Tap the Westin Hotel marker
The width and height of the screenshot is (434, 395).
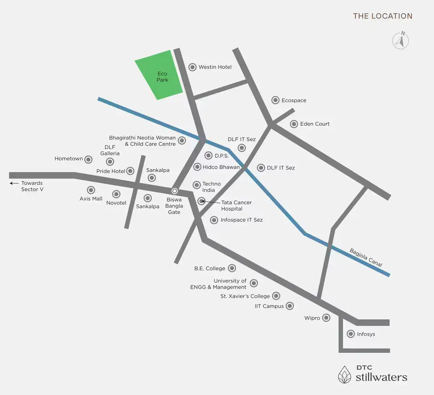(192, 67)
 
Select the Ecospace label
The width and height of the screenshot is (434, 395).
(294, 100)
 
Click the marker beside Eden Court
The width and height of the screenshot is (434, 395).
(294, 124)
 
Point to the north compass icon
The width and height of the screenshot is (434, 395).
(401, 40)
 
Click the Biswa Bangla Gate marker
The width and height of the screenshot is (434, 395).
(174, 191)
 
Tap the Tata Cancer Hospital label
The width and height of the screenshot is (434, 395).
(236, 205)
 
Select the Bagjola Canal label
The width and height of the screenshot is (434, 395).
(366, 257)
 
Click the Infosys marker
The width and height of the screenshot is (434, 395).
(351, 334)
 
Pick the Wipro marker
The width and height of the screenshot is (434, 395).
(326, 318)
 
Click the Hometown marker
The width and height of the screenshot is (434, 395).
(90, 159)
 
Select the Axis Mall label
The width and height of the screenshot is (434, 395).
(91, 199)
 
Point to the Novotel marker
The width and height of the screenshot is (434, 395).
(116, 194)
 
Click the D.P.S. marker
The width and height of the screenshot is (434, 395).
(208, 155)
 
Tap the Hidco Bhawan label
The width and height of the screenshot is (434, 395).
(221, 167)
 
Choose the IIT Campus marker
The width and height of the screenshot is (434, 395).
(290, 306)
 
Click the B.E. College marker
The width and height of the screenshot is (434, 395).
(232, 268)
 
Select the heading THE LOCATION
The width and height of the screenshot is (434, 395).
(383, 16)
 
